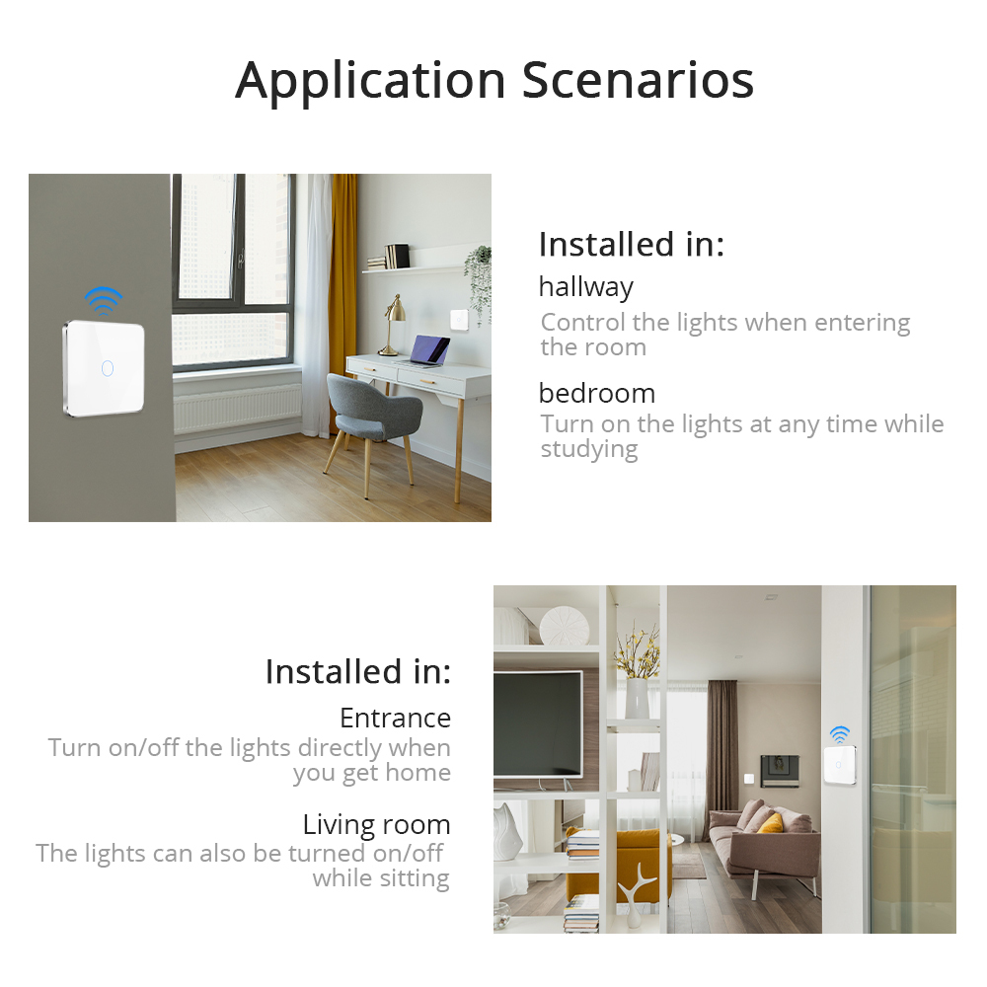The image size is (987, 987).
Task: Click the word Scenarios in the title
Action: [638, 80]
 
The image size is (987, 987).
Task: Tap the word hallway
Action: [585, 287]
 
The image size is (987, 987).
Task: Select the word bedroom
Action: [596, 393]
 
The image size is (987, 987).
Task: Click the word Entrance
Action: [395, 718]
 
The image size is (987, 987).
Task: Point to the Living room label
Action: [376, 824]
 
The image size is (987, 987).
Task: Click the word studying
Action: [589, 449]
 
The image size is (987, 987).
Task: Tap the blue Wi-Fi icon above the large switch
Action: [103, 298]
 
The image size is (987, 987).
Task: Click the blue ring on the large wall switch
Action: [107, 368]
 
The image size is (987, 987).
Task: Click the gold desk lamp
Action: [392, 321]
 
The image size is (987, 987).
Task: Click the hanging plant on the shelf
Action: [479, 281]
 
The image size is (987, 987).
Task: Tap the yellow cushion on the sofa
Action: [770, 822]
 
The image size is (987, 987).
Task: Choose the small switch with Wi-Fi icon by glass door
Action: [839, 765]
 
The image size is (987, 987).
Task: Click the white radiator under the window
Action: [237, 407]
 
